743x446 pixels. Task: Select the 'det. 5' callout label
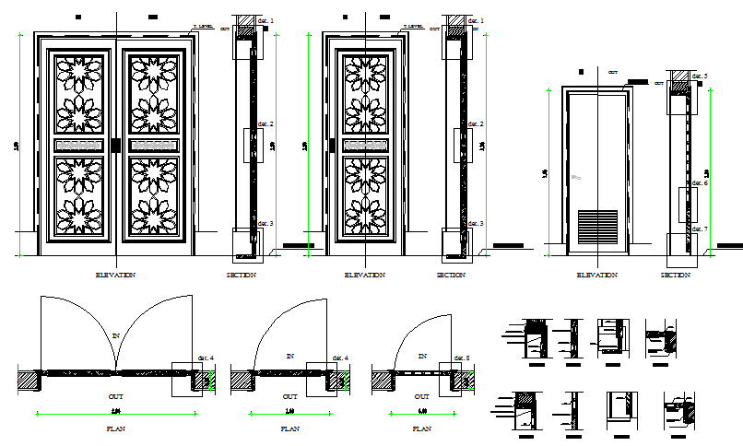[x=701, y=76]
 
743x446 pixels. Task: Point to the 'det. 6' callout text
[x=701, y=183]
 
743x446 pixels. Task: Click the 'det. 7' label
[x=701, y=229]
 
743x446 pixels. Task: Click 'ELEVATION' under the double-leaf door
[x=116, y=275]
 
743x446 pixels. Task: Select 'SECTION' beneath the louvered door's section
[x=676, y=275]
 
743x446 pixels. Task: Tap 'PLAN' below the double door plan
[x=115, y=428]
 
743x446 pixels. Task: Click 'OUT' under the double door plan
[x=116, y=396]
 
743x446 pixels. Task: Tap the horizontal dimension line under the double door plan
[x=116, y=414]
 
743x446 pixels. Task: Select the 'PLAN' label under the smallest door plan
[x=422, y=428]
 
